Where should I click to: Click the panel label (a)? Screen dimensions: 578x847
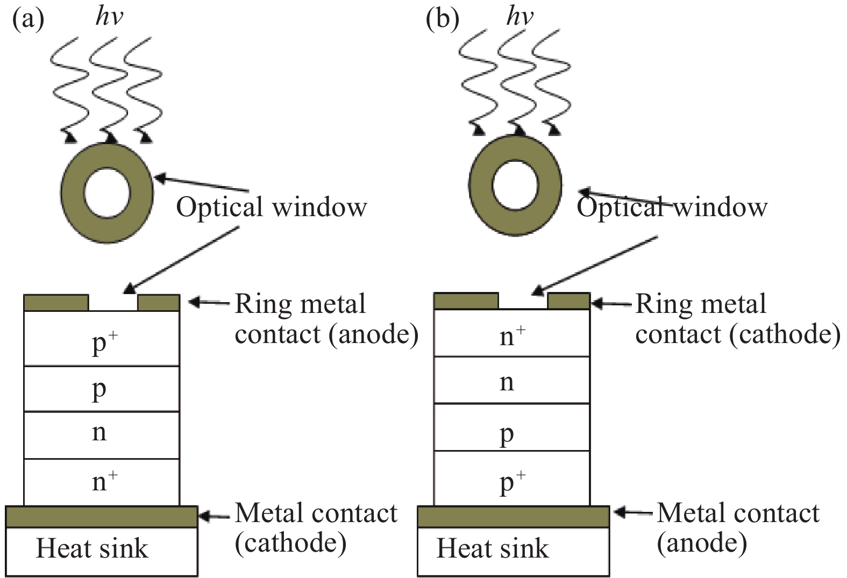pos(27,19)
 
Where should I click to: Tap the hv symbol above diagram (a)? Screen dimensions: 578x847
pos(109,17)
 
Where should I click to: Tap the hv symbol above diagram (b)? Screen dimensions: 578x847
pos(519,17)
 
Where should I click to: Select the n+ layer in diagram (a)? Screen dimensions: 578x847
pos(102,481)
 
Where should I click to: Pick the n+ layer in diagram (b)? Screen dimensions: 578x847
pos(511,336)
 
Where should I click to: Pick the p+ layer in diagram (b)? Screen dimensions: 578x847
pos(511,481)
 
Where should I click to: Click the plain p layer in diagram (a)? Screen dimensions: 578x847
pos(102,389)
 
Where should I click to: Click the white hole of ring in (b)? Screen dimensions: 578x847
pos(515,185)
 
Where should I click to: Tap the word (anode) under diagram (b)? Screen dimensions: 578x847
pos(702,543)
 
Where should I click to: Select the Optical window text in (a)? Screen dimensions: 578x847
pos(272,207)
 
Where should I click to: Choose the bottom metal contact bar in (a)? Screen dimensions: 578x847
pos(102,517)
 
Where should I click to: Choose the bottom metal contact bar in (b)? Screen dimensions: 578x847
pos(513,517)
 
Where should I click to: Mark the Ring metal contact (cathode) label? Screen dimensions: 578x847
pos(737,319)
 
